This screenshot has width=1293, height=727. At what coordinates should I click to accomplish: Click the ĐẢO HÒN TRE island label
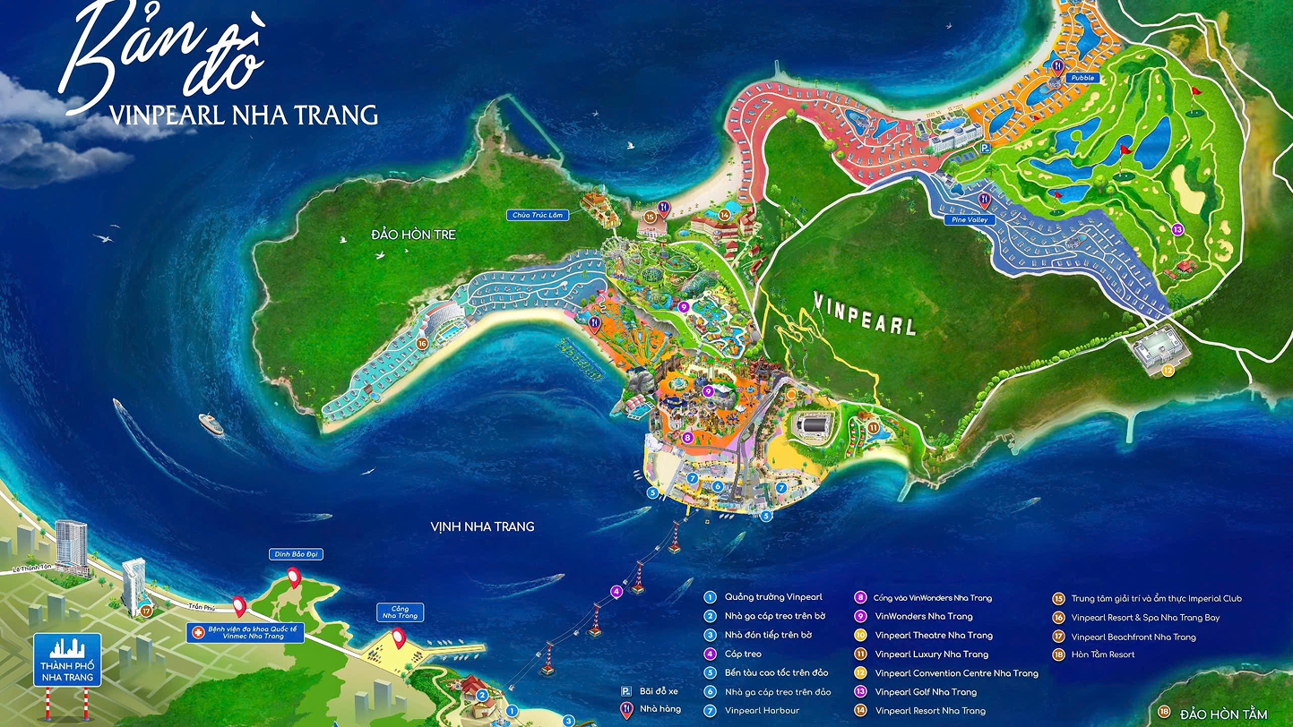(x=414, y=235)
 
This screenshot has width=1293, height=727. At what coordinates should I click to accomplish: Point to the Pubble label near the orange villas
(x=1082, y=78)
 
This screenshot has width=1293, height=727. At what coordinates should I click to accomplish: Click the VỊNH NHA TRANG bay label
(x=482, y=526)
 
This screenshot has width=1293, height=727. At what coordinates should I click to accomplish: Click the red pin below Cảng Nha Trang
(x=397, y=638)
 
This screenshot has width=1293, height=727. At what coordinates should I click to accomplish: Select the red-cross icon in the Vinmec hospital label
(x=198, y=632)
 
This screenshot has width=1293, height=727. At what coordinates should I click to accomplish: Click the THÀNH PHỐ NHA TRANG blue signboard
(x=68, y=661)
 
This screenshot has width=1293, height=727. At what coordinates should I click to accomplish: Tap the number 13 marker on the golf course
(x=1177, y=229)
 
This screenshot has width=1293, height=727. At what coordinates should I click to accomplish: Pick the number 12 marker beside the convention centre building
(x=1167, y=370)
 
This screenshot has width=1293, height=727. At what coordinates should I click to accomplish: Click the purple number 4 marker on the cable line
(x=616, y=591)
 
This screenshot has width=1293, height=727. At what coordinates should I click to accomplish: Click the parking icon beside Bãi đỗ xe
(x=626, y=691)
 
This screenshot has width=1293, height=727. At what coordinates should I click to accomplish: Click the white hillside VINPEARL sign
(x=865, y=312)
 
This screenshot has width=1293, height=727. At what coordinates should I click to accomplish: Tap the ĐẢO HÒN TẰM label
(x=1223, y=714)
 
